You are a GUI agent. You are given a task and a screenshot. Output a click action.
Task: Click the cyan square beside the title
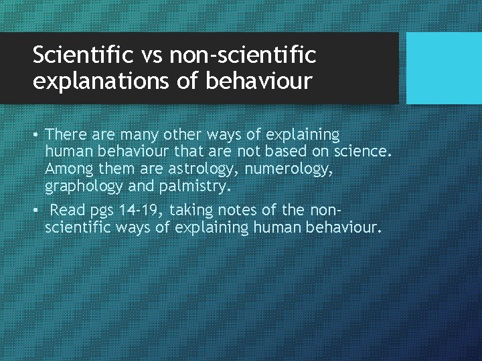pos(445,68)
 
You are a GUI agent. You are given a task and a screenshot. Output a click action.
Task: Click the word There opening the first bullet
pos(67,135)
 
